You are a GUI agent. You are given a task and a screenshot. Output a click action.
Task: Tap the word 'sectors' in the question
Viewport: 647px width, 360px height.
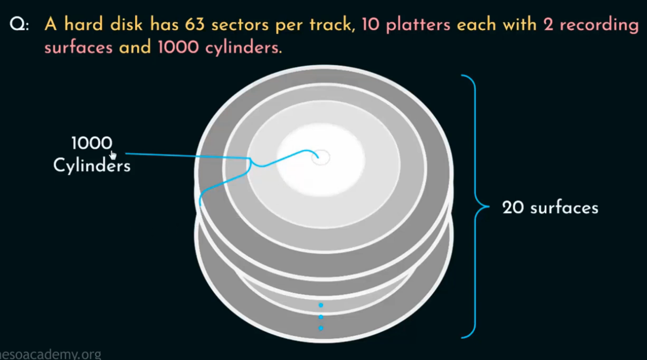tap(240, 25)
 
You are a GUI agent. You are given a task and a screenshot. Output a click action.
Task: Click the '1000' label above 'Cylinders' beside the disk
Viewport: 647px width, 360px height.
tap(92, 144)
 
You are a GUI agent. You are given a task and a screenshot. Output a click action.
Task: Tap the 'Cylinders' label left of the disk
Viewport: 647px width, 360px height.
tap(92, 165)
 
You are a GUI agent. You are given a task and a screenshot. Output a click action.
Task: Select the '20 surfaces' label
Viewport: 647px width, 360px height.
tap(550, 208)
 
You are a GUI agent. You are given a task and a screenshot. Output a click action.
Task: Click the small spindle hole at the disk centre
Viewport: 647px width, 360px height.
tap(321, 157)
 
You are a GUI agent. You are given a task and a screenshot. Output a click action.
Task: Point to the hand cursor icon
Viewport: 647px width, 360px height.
tap(112, 155)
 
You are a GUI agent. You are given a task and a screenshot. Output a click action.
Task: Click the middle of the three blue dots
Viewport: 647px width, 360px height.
tap(321, 317)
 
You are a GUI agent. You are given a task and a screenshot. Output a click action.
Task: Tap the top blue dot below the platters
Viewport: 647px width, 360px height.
tap(321, 305)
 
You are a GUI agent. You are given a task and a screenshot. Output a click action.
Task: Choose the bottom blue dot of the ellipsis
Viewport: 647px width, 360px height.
tap(321, 328)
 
